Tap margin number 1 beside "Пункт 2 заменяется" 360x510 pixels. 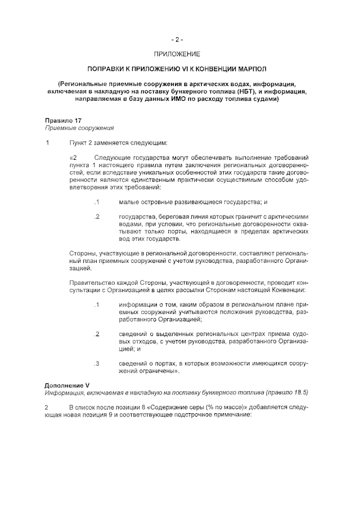click(x=47, y=142)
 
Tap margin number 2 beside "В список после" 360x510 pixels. click(x=47, y=406)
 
